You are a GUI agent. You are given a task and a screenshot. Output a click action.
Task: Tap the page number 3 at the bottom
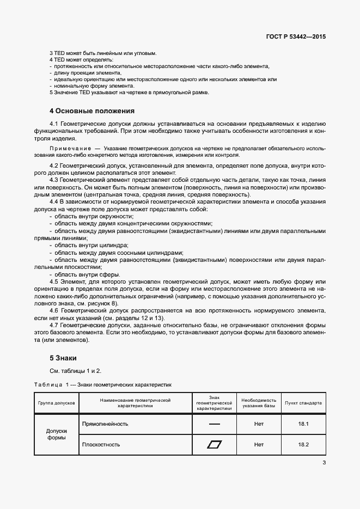[x=324, y=463]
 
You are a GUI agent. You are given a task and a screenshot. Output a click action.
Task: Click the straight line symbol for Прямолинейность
[x=214, y=424]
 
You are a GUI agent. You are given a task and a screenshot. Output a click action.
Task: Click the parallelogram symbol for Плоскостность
[x=214, y=444]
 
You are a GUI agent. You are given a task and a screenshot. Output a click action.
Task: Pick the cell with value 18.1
[x=303, y=424]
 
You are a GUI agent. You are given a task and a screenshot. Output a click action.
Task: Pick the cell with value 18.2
[x=303, y=444]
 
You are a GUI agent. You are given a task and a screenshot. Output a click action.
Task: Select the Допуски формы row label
[x=57, y=433]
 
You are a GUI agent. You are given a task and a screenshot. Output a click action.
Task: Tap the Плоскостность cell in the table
[x=101, y=444]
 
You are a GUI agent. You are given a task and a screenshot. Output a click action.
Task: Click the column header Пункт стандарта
[x=303, y=403]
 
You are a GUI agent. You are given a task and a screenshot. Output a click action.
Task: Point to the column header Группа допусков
[x=57, y=403]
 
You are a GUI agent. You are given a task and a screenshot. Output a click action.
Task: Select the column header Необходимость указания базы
[x=259, y=403]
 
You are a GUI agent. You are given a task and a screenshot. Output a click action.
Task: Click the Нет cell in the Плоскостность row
[x=259, y=444]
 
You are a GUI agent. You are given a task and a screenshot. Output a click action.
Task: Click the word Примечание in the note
[x=70, y=148]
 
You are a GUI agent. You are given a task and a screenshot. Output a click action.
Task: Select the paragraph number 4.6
[x=54, y=310]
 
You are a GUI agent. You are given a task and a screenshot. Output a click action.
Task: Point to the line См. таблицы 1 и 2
[x=76, y=371]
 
